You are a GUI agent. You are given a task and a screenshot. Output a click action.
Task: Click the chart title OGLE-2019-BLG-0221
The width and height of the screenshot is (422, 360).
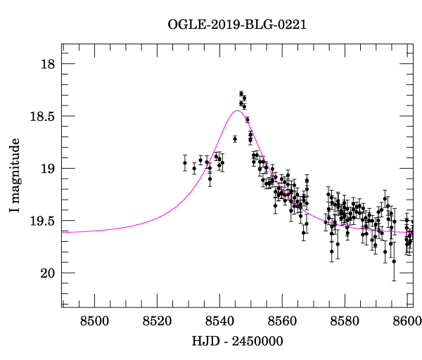pyautogui.click(x=237, y=25)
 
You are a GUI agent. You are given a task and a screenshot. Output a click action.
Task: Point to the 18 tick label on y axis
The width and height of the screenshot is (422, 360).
pyautogui.click(x=46, y=64)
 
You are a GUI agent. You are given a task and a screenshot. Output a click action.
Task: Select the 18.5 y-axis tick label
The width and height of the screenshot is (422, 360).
pyautogui.click(x=41, y=116)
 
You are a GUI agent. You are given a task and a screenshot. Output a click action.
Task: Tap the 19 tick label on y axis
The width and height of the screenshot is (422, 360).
pyautogui.click(x=46, y=169)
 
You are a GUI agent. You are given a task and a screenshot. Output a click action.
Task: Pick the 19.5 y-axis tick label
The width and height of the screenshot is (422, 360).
pyautogui.click(x=41, y=221)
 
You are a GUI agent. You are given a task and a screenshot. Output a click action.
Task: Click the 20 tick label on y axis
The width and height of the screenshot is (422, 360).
pyautogui.click(x=46, y=273)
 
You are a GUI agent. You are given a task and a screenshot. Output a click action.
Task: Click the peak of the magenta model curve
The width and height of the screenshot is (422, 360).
pyautogui.click(x=237, y=110)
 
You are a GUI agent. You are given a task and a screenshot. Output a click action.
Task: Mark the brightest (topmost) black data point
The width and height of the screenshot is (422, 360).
pyautogui.click(x=241, y=94)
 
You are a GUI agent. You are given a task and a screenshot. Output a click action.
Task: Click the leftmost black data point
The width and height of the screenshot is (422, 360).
pyautogui.click(x=185, y=162)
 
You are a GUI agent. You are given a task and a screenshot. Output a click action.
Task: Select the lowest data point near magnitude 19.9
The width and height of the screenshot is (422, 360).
pyautogui.click(x=394, y=261)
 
